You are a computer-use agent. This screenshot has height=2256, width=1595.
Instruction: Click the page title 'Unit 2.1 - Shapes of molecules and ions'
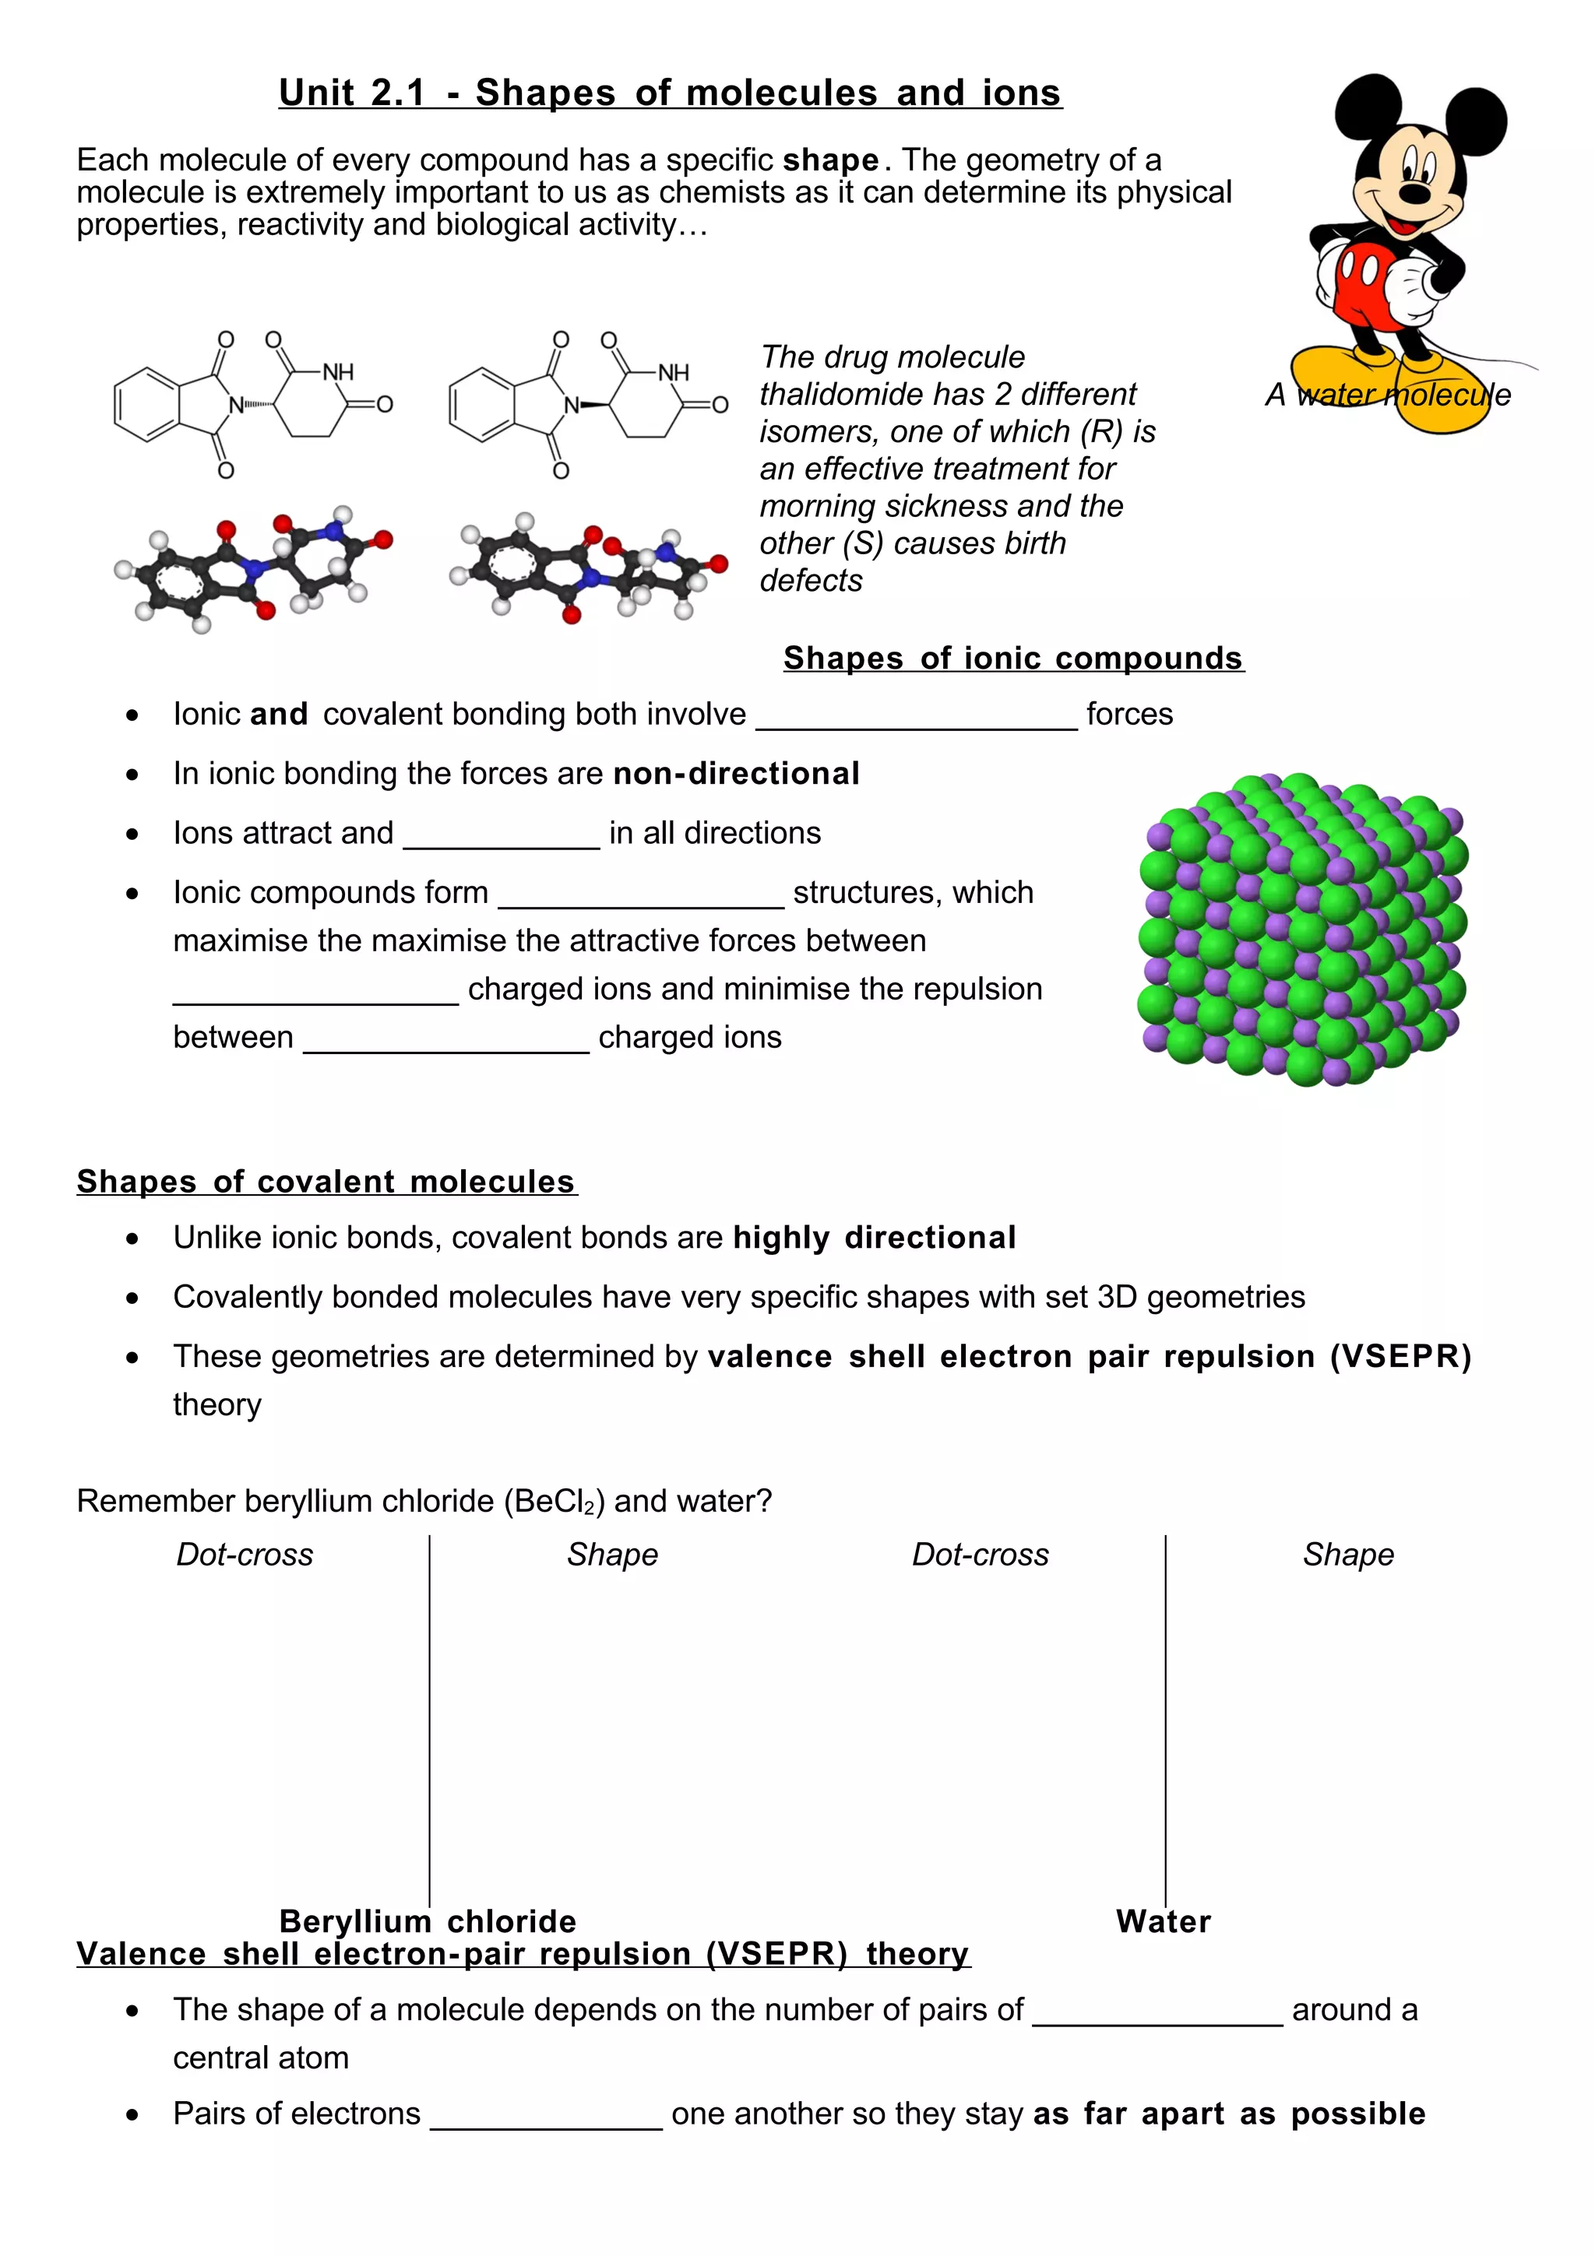coord(671,93)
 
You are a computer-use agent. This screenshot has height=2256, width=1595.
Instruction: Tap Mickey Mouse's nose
coord(1415,194)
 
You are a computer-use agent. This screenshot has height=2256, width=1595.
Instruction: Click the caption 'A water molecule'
coord(1388,395)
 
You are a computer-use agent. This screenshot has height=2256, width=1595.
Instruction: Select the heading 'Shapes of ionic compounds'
coord(1013,659)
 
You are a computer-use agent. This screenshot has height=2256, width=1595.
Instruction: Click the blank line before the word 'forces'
coord(916,717)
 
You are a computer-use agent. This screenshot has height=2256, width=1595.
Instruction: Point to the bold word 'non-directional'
coord(736,775)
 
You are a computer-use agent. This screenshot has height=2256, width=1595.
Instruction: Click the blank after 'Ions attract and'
coord(502,836)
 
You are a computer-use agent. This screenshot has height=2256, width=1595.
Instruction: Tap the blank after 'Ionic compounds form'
coord(641,896)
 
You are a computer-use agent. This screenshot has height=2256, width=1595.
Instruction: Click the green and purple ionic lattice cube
coord(1302,929)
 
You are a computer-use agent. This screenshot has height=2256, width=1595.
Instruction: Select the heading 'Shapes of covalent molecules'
coord(326,1182)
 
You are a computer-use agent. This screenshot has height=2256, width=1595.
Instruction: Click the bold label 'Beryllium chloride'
coord(428,1921)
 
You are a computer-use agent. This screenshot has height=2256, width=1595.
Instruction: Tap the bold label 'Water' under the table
coord(1164,1921)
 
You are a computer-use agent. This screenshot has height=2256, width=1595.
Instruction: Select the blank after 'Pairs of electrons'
coord(547,2117)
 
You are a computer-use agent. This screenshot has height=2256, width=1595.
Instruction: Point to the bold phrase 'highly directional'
coord(875,1238)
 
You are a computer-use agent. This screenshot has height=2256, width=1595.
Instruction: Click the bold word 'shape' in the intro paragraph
coord(830,160)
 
